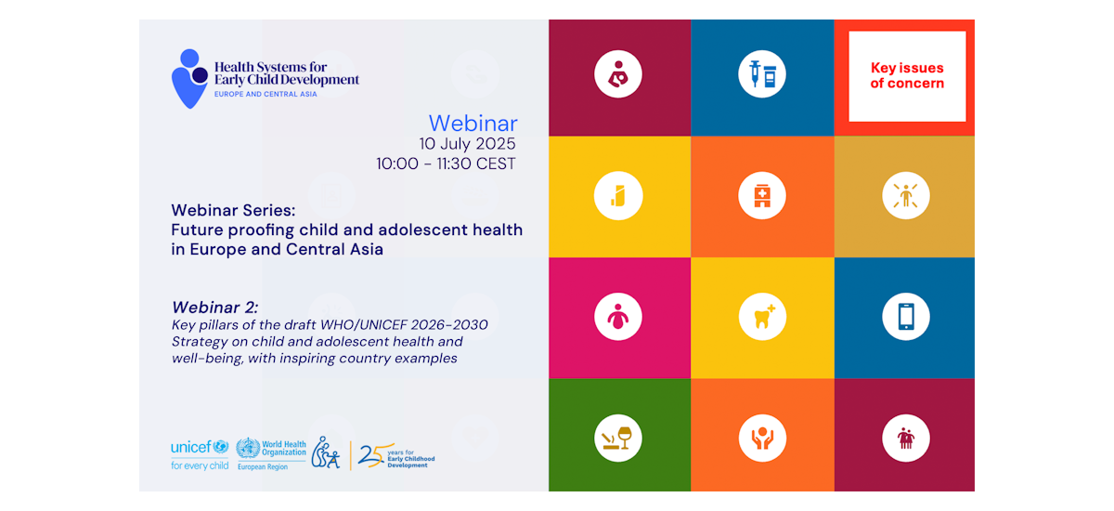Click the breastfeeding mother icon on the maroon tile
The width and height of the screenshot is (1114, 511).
pos(618,74)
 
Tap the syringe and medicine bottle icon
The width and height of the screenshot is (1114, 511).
pos(762,74)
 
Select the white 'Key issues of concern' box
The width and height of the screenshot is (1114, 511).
pos(907,76)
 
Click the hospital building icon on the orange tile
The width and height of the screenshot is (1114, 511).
pos(762,195)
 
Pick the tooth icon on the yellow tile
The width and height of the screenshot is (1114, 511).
pos(762,317)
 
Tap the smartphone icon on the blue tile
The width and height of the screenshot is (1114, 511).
pos(906,317)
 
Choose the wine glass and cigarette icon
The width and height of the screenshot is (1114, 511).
pos(618,438)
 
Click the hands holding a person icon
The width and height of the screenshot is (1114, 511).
pos(762,438)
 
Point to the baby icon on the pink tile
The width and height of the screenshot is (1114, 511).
pos(618,317)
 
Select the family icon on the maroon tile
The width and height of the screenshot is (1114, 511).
pos(906,438)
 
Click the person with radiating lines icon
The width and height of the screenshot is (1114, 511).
pos(906,195)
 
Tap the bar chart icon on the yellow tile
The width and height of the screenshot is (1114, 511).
pos(618,195)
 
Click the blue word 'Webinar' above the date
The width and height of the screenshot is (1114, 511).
pos(473,123)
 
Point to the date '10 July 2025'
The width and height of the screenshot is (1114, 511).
pos(467,144)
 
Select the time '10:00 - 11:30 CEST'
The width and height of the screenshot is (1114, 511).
pos(446,164)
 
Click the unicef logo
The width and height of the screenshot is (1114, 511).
pos(200,454)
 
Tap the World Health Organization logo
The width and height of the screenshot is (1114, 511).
pos(271,454)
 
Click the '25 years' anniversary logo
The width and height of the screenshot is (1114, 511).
pos(396,455)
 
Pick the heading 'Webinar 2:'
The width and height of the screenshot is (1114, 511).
pos(214,307)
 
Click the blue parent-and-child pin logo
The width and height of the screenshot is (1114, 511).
pos(190,79)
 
